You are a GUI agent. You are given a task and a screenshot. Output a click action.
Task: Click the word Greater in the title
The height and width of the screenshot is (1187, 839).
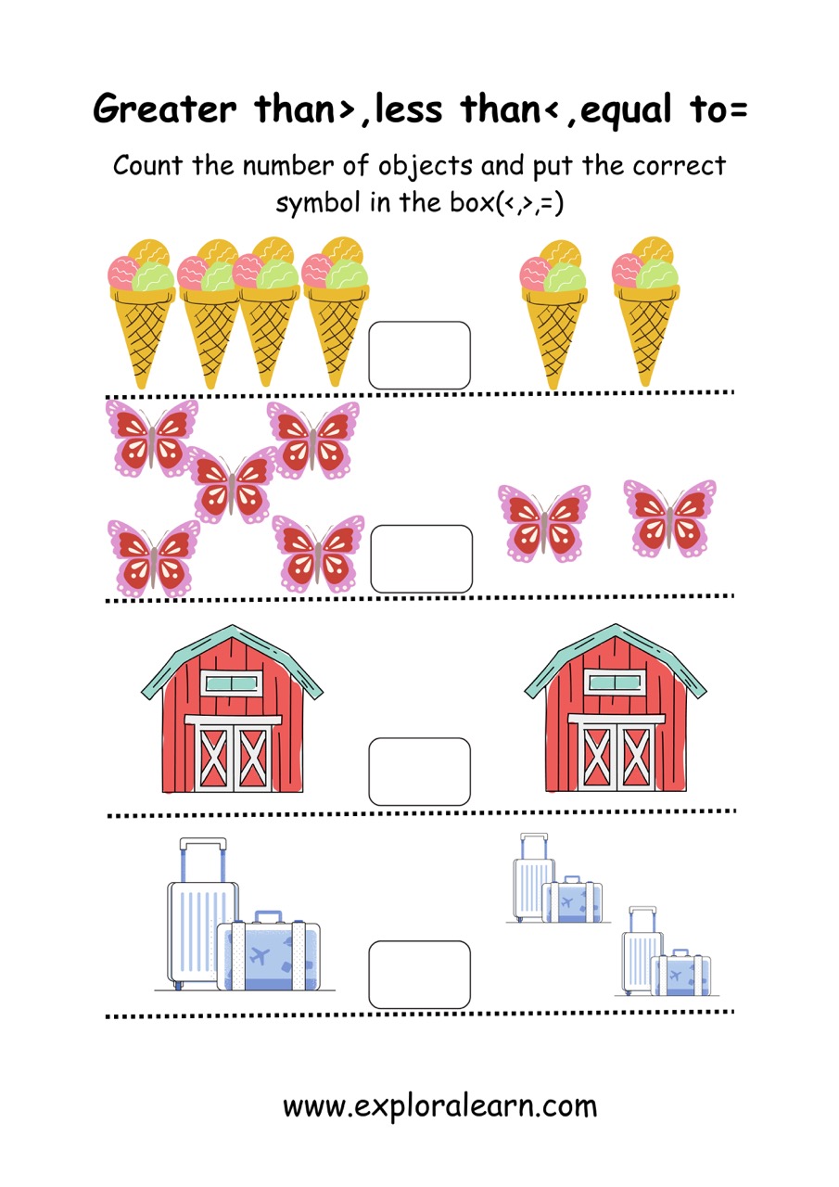[x=165, y=108]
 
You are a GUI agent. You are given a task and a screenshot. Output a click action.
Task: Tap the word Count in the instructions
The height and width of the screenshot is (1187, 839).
[x=147, y=165]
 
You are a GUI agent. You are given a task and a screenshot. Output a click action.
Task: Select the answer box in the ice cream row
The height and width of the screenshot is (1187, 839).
[x=419, y=355]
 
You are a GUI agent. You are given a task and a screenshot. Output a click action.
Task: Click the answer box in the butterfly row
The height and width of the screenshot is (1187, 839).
[x=422, y=558]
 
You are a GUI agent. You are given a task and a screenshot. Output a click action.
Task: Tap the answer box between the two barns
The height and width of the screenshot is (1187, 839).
[x=419, y=772]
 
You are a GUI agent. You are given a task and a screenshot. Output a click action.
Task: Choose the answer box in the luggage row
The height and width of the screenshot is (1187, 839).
[x=419, y=975]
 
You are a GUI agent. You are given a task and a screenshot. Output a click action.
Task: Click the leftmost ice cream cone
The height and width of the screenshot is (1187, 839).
[x=142, y=313]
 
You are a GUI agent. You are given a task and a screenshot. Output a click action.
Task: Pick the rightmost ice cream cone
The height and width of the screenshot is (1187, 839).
[x=645, y=312]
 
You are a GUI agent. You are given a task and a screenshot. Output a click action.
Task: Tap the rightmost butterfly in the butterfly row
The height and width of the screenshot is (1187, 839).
[x=670, y=518]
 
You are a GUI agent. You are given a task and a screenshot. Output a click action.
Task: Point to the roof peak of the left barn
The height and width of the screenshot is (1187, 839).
[x=232, y=628]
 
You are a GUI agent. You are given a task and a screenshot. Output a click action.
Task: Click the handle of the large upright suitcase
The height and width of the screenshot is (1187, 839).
[x=203, y=860]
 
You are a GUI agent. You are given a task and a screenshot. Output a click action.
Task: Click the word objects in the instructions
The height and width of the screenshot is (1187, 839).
[x=425, y=166]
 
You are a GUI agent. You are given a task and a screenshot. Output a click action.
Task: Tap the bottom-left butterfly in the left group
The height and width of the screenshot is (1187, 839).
[x=154, y=558]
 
